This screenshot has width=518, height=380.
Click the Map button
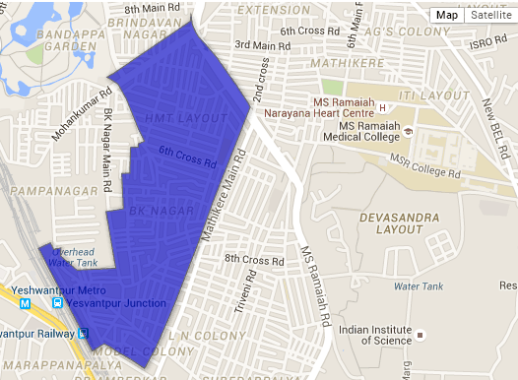point(447,15)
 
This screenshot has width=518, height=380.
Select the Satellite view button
point(487,15)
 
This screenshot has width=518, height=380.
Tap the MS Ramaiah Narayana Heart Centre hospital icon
point(382,106)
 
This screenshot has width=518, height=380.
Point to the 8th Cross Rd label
point(254,259)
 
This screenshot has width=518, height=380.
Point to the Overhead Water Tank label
point(73,257)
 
